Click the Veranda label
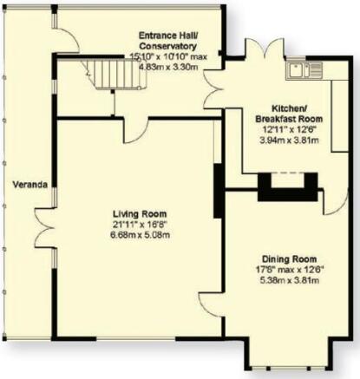point(30,185)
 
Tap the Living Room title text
point(140,214)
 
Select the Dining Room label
point(289,259)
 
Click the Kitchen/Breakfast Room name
point(289,114)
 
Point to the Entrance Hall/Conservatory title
point(167,41)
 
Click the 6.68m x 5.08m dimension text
point(140,235)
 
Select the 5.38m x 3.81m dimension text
point(290,280)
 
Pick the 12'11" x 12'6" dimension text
point(289,129)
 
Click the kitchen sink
point(304,70)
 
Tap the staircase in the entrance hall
point(115,74)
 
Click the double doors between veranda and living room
point(44,228)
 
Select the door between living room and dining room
point(212,304)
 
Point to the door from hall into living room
point(135,130)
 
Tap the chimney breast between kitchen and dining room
point(287,187)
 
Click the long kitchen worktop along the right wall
point(339,115)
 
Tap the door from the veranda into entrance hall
point(66,40)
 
